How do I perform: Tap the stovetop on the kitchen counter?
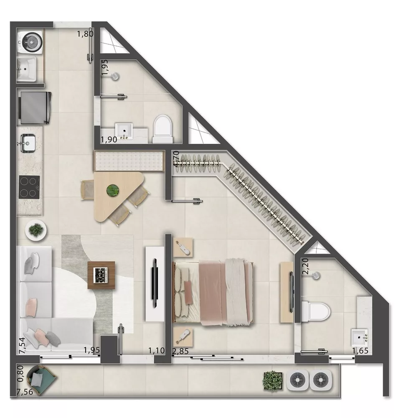click(x=30, y=187)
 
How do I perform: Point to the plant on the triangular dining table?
click(x=112, y=191)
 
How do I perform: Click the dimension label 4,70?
click(x=177, y=159)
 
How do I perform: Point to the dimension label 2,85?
click(x=180, y=350)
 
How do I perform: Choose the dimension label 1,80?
click(x=85, y=34)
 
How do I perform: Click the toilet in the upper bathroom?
click(x=162, y=128)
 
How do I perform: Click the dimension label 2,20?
click(x=305, y=266)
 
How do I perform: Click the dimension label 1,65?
click(x=360, y=350)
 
